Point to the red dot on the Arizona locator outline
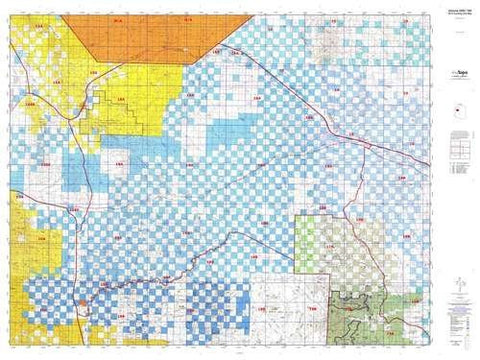458,112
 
